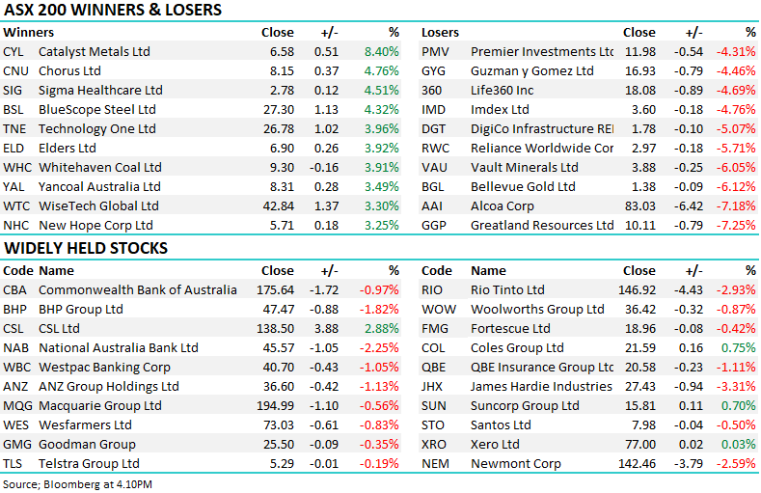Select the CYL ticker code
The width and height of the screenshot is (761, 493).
click(x=14, y=52)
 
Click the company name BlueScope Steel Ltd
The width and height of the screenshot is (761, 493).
click(x=97, y=110)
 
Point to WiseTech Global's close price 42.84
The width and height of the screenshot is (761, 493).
click(x=278, y=206)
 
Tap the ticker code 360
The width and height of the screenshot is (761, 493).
click(x=432, y=91)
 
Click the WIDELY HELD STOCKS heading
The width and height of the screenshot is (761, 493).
click(x=86, y=249)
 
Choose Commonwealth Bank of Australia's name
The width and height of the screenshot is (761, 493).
click(x=137, y=290)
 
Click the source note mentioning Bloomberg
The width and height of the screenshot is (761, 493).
click(x=77, y=483)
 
